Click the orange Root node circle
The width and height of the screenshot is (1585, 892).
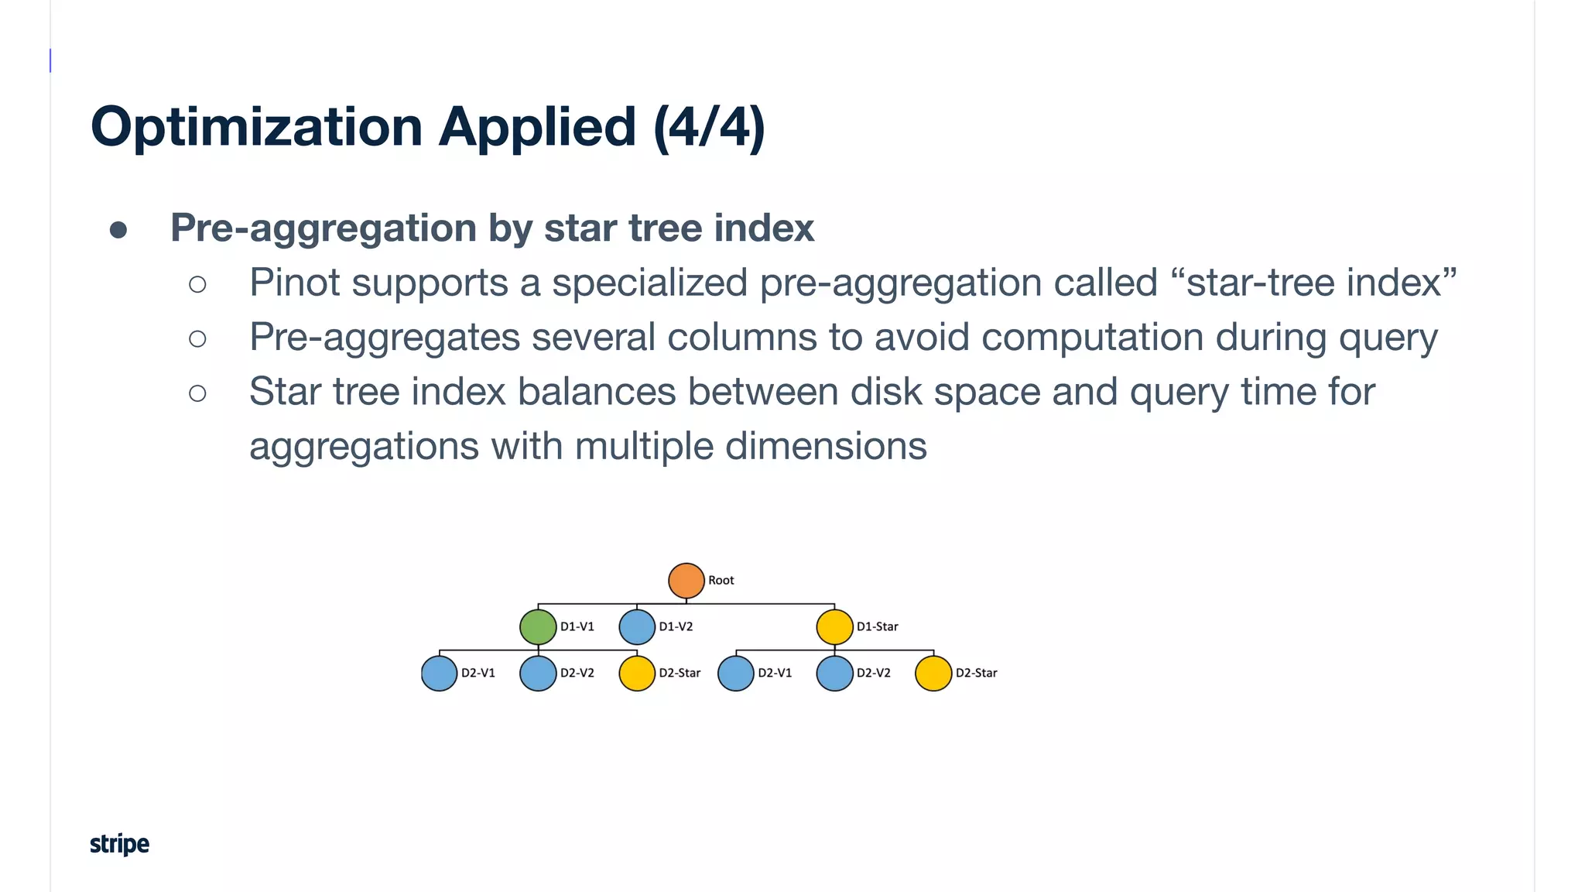pyautogui.click(x=686, y=581)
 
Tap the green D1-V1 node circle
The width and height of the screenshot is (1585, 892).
pyautogui.click(x=538, y=627)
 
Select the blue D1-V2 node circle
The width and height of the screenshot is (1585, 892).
pyautogui.click(x=637, y=627)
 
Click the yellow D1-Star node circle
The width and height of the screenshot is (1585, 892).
pyautogui.click(x=834, y=627)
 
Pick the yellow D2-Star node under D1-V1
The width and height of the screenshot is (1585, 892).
pyautogui.click(x=637, y=673)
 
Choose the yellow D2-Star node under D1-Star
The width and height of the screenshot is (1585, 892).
pyautogui.click(x=933, y=673)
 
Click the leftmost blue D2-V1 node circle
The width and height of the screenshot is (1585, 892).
pyautogui.click(x=439, y=673)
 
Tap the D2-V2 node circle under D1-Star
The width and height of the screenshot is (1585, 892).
pyautogui.click(x=834, y=673)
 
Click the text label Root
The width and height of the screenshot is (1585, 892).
pyautogui.click(x=721, y=581)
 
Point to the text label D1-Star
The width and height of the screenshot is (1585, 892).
pyautogui.click(x=877, y=627)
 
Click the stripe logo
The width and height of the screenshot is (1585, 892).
pyautogui.click(x=119, y=844)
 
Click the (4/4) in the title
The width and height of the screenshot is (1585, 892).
pyautogui.click(x=709, y=127)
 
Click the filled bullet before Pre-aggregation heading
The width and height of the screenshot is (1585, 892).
pyautogui.click(x=118, y=230)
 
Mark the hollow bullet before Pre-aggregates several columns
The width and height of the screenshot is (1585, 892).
pyautogui.click(x=197, y=338)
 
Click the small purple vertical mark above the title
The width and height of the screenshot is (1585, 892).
pyautogui.click(x=50, y=60)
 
